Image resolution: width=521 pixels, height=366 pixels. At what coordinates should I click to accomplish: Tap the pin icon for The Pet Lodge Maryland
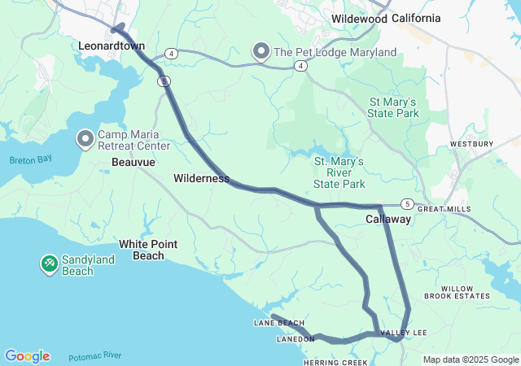click(261, 52)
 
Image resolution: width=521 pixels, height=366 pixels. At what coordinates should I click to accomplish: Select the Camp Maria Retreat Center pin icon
click(85, 139)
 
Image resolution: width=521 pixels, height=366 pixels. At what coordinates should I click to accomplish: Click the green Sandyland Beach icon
click(50, 264)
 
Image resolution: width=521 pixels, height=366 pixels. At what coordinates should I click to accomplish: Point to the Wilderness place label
click(201, 178)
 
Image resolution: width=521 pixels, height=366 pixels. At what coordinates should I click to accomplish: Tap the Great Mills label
click(444, 209)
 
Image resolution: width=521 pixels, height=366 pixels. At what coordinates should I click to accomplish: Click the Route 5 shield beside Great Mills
click(407, 203)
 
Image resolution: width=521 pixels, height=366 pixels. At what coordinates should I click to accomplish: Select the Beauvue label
click(133, 163)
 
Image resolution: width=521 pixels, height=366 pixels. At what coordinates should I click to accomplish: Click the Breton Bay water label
click(31, 160)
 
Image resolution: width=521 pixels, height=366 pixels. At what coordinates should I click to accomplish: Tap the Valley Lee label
click(403, 333)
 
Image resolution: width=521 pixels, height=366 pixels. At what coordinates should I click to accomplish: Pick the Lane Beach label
click(279, 323)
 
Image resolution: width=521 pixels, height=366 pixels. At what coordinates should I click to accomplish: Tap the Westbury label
click(471, 144)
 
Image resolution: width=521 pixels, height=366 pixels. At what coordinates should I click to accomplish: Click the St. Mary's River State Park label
click(339, 173)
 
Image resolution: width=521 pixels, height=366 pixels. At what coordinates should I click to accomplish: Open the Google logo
click(27, 356)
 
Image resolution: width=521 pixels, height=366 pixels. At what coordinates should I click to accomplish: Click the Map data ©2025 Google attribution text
click(471, 359)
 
